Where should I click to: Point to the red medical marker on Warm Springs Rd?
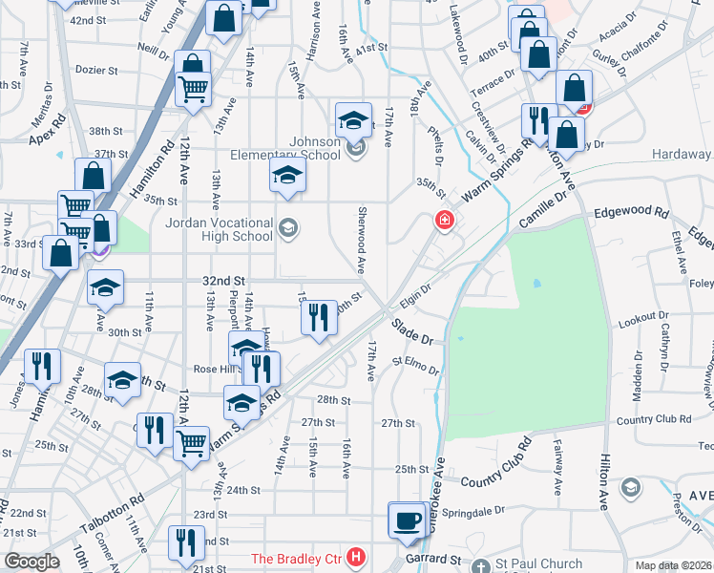[444, 221]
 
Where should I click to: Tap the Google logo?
[31, 562]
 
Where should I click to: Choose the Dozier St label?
[97, 70]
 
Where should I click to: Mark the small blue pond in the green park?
[535, 284]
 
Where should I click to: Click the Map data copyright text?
[673, 565]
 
